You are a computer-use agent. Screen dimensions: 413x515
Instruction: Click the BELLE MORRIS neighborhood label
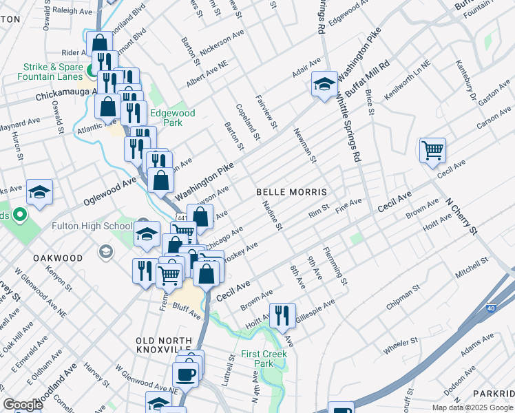click(x=290, y=191)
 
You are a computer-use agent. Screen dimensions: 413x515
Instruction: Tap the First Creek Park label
click(x=257, y=359)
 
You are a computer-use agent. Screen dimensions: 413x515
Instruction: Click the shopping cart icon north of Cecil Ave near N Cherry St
click(x=432, y=149)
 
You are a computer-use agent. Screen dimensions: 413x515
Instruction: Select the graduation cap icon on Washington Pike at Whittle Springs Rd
click(x=324, y=84)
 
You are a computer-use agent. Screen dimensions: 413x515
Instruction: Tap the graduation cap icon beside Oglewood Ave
click(x=39, y=192)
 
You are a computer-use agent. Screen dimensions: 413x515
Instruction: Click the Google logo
click(x=22, y=405)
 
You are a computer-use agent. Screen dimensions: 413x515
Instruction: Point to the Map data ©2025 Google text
click(x=472, y=407)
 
